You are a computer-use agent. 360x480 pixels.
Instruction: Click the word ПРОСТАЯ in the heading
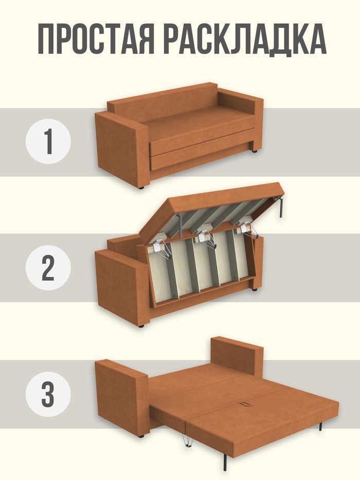coord(96,39)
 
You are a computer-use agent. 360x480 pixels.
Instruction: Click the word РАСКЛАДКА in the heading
coord(245,40)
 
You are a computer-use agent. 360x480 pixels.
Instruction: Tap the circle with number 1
coord(48,141)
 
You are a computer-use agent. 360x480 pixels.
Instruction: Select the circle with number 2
coord(48,268)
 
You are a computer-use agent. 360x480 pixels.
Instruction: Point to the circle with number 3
coord(48,394)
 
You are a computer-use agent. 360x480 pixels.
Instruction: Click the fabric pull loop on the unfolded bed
coord(246,405)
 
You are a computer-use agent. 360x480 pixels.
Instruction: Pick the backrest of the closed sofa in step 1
coord(162,101)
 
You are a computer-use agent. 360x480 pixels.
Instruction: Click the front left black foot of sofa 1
coord(141,187)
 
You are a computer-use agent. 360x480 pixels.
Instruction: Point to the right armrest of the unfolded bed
coord(237,355)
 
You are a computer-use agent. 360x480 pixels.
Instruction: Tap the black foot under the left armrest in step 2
coord(141,326)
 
